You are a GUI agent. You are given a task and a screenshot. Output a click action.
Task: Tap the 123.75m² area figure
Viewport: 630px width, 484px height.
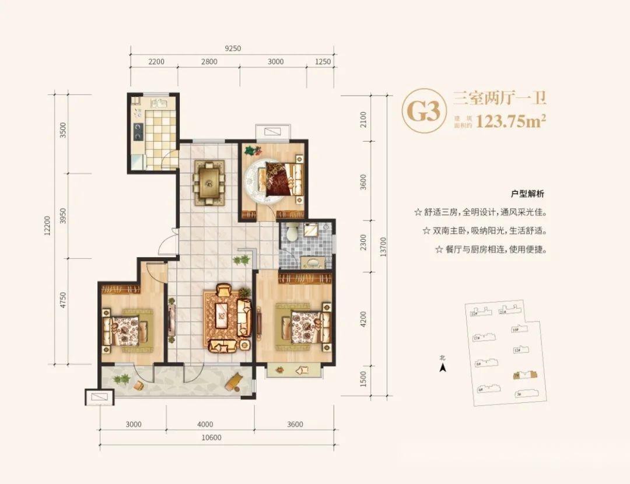click(511, 121)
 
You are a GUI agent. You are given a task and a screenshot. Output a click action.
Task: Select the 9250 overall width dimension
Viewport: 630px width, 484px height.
click(232, 48)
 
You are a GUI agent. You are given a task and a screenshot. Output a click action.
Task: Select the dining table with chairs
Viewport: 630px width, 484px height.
click(209, 183)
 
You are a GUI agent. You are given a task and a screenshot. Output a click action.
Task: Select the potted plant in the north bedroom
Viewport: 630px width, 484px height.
click(251, 151)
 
